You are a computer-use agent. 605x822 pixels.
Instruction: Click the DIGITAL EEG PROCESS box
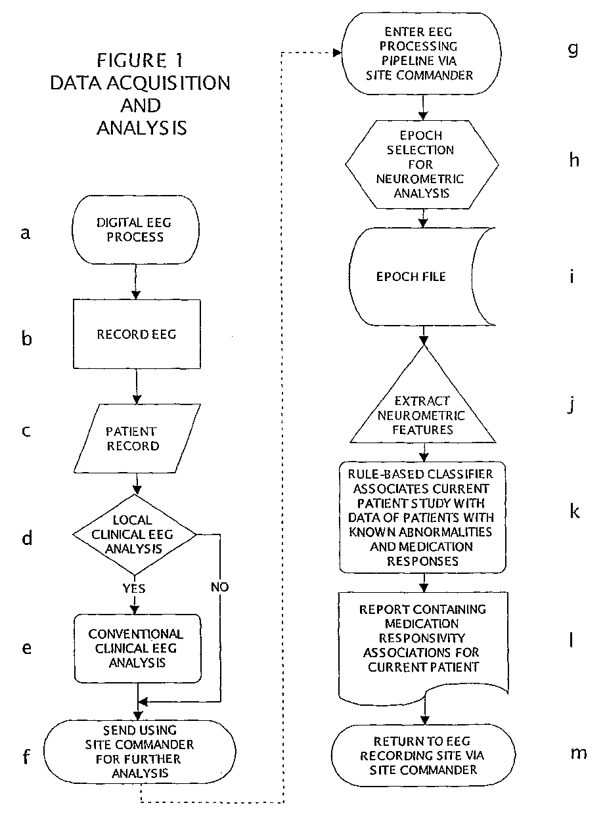click(x=135, y=230)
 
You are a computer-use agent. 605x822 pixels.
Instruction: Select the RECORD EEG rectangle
click(x=137, y=334)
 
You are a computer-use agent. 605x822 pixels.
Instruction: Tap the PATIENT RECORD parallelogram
click(x=137, y=439)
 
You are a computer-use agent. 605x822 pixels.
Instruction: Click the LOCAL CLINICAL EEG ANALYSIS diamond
click(x=135, y=534)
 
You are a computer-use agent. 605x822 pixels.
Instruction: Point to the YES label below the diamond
click(x=134, y=588)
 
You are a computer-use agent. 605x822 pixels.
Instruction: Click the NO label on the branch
click(x=220, y=587)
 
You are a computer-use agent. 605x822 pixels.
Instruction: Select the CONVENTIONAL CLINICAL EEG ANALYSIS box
click(x=138, y=649)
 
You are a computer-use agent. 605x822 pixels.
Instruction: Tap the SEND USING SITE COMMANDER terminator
click(x=139, y=752)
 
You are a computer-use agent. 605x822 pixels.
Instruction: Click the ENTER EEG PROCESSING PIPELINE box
click(x=422, y=54)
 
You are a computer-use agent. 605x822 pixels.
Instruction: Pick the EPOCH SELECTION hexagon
click(x=422, y=164)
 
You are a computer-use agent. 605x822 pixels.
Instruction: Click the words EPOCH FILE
click(x=411, y=276)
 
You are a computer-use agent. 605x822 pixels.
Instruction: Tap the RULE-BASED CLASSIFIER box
click(x=422, y=517)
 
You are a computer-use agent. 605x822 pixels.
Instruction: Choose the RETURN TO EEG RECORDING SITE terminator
click(x=423, y=755)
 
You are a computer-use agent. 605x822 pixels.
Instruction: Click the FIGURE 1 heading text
click(x=140, y=60)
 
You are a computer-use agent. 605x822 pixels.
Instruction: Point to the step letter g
click(x=573, y=49)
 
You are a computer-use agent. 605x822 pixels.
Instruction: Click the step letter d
click(x=27, y=538)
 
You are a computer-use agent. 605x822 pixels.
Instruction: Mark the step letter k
click(x=575, y=511)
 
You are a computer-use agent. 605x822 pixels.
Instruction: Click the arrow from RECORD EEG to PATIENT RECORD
click(x=137, y=386)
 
